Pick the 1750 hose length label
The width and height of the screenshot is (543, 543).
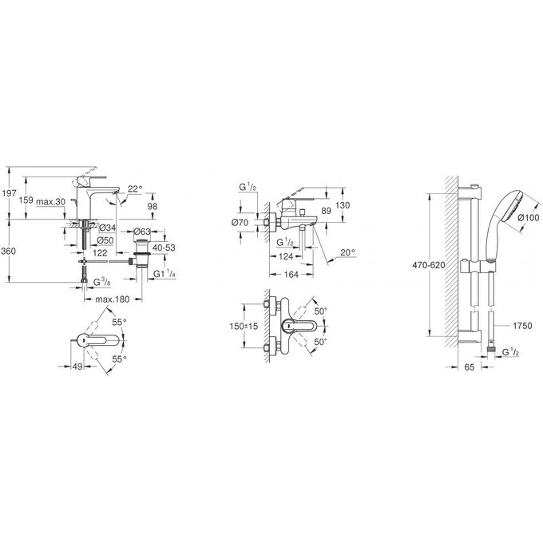tap(522, 327)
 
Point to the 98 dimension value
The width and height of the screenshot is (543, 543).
tap(151, 206)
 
